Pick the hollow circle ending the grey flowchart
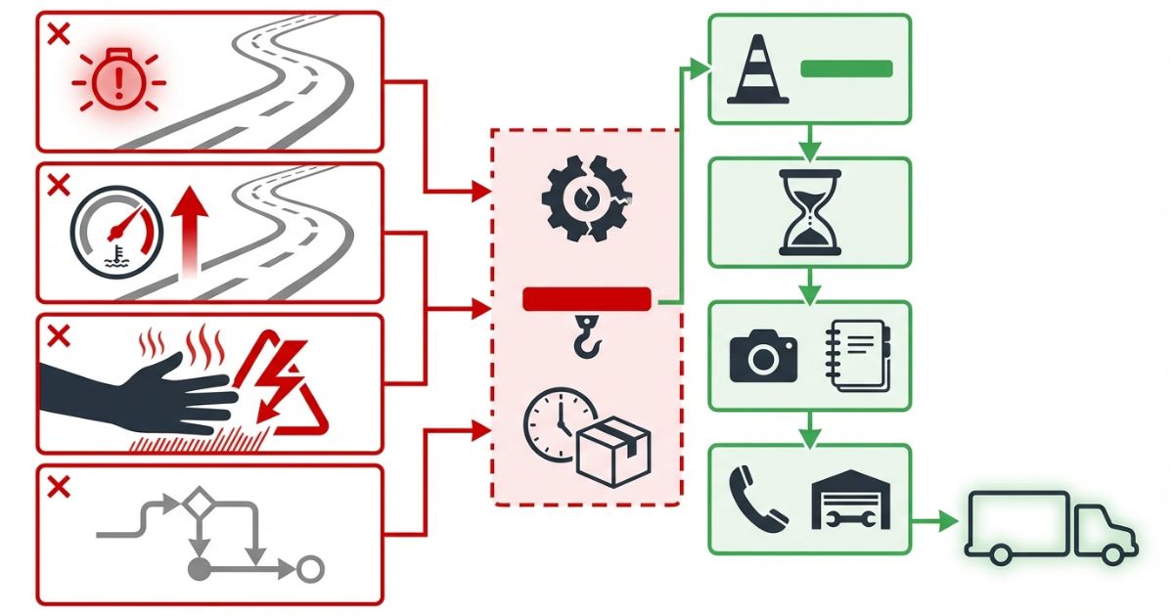(x=310, y=568)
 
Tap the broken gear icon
(x=586, y=198)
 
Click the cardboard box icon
(x=613, y=450)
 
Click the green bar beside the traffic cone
(x=846, y=68)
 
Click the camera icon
(x=763, y=356)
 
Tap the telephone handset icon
(x=757, y=499)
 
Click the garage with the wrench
(x=851, y=499)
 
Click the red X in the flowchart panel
(x=59, y=487)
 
